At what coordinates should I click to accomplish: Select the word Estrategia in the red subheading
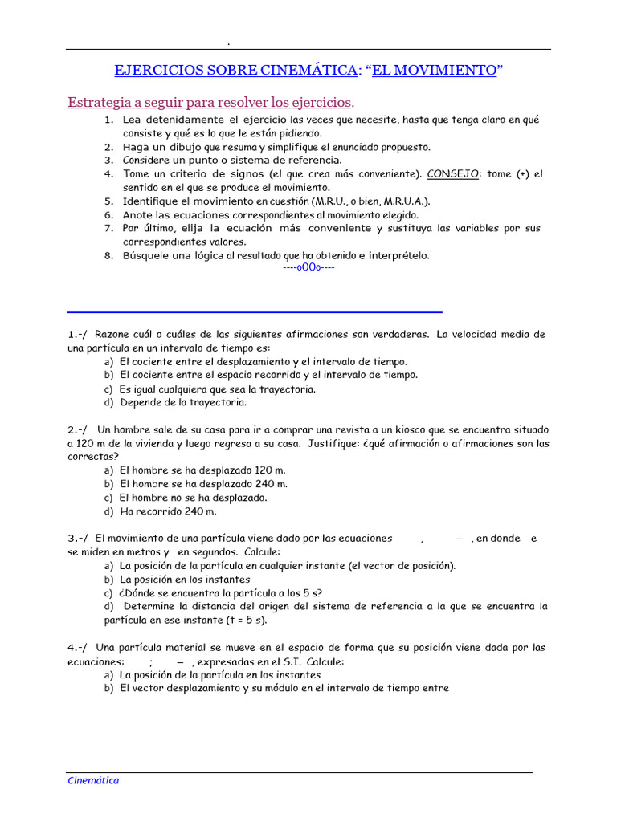(98, 103)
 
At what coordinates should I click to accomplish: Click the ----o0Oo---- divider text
(309, 267)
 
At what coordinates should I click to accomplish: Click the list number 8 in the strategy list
(108, 256)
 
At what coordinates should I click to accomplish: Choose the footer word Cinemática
(92, 780)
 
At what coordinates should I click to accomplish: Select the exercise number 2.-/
(78, 429)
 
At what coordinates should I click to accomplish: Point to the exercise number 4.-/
(78, 647)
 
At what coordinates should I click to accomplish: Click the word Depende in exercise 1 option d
(142, 402)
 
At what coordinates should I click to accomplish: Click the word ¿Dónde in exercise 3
(139, 592)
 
